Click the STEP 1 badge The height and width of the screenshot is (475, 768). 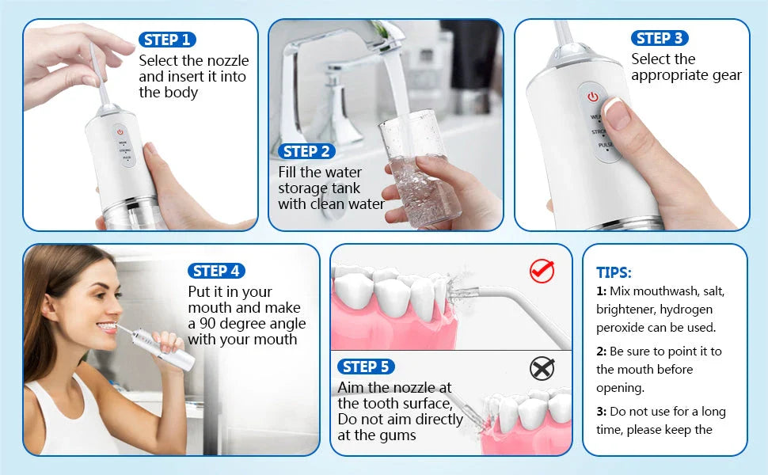point(167,40)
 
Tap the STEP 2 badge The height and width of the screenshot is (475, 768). point(306,151)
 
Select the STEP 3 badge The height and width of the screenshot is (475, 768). point(660,38)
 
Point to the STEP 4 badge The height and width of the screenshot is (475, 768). point(216,271)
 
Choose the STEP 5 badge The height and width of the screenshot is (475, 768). point(365,367)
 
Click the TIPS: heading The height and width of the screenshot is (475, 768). point(614,272)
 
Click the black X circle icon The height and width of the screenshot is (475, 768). point(542,368)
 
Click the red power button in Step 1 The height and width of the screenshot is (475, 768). point(120,132)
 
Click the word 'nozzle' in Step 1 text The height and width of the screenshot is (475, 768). point(228,61)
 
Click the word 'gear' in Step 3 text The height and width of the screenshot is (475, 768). point(726,76)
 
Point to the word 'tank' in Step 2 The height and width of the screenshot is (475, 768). point(344,188)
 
